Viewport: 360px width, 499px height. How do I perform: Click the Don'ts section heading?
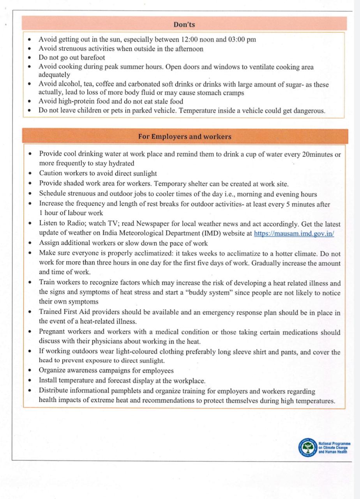pos(184,25)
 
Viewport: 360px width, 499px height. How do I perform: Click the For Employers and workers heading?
pos(185,137)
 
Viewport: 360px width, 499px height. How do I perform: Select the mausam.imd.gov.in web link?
pos(294,234)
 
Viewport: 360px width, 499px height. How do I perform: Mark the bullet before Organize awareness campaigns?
pos(30,371)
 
